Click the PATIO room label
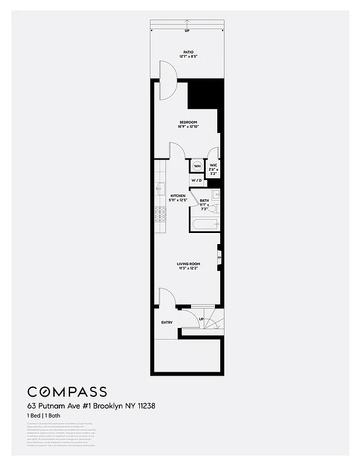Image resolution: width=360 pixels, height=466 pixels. [x=188, y=52]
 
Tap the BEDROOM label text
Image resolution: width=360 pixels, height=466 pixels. [x=188, y=122]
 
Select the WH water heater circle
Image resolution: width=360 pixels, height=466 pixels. [x=197, y=166]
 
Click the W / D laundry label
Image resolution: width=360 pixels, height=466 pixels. [x=196, y=181]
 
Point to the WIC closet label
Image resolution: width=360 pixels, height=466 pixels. [x=213, y=165]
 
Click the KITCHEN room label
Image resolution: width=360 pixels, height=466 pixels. [x=178, y=196]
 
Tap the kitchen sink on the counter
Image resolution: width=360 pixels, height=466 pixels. [x=160, y=188]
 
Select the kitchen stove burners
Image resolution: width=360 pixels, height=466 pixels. [x=160, y=214]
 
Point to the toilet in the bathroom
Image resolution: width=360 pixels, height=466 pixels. [x=213, y=208]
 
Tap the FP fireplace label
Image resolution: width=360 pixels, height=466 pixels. [x=220, y=257]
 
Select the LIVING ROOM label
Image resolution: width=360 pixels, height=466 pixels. [x=188, y=264]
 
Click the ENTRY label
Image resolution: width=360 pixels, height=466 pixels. [x=167, y=322]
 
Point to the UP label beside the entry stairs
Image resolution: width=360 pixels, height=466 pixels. [x=202, y=319]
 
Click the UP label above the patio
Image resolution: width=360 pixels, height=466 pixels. [x=187, y=30]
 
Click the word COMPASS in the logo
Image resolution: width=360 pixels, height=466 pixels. [x=67, y=391]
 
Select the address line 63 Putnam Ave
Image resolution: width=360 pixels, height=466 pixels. [x=90, y=405]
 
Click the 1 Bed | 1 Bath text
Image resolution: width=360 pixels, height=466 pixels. [x=44, y=415]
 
